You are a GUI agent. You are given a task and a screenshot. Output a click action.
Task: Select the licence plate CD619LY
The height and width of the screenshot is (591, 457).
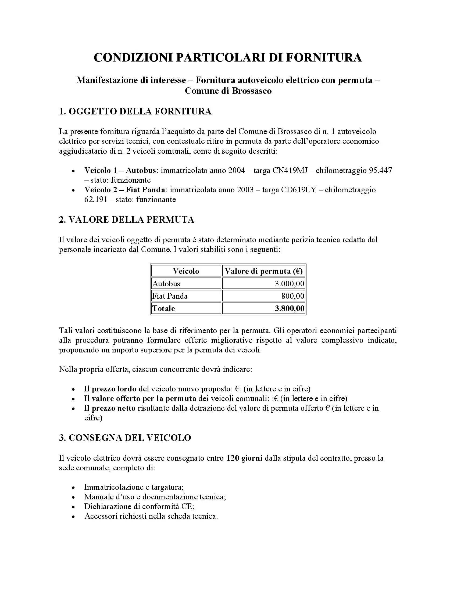pos(299,190)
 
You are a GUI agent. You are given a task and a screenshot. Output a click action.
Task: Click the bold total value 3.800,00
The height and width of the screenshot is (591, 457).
pos(290,308)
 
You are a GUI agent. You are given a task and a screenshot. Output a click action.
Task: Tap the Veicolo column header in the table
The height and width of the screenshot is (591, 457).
pos(186,271)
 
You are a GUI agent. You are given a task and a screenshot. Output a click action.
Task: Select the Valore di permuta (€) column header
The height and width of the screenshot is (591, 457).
pos(264,271)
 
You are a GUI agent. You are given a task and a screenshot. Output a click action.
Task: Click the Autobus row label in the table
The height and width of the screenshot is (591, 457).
pos(166,284)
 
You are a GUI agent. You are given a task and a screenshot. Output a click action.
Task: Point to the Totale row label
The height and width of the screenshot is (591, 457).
pos(164,308)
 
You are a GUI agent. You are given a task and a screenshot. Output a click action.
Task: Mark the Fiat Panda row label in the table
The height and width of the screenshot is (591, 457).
pos(170,296)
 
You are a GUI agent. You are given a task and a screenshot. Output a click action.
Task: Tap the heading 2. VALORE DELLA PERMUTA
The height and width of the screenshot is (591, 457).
pos(127,219)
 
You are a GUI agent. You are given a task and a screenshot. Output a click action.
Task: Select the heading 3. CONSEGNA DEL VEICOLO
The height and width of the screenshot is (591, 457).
pos(125,438)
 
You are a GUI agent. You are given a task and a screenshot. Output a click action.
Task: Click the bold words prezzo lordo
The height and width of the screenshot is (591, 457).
pos(114,389)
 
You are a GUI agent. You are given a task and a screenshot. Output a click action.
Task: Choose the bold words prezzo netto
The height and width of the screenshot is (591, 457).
pos(114,408)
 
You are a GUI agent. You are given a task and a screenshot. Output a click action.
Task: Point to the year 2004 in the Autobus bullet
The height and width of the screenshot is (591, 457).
pos(237,171)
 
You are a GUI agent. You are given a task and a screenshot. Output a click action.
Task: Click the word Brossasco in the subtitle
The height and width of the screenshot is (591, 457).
pos(252,91)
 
